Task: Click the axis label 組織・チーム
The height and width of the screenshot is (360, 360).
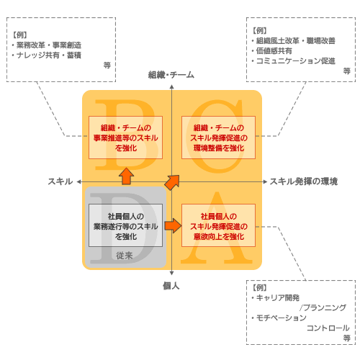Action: [x=171, y=75]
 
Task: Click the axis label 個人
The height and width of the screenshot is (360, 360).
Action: [x=171, y=286]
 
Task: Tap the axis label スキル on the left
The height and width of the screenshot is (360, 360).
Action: [x=60, y=181]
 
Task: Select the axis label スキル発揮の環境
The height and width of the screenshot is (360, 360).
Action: [x=304, y=181]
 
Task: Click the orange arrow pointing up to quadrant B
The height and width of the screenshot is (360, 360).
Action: [x=126, y=176]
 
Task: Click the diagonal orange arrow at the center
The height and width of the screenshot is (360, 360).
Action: [x=172, y=183]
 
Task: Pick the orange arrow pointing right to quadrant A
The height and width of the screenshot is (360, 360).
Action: [x=173, y=226]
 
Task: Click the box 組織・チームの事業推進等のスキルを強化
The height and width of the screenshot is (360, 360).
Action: [x=125, y=138]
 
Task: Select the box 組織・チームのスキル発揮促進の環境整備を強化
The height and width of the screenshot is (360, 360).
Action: [x=218, y=138]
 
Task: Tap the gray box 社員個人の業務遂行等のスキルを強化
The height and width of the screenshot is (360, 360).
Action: [x=125, y=225]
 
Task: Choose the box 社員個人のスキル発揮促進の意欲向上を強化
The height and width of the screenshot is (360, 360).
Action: [x=218, y=225]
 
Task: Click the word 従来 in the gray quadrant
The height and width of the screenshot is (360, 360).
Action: [x=125, y=256]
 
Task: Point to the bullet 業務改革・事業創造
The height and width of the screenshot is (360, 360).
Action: [x=47, y=45]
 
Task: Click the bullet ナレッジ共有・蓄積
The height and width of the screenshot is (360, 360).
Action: [x=47, y=55]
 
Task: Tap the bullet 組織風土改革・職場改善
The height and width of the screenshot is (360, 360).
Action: [x=294, y=41]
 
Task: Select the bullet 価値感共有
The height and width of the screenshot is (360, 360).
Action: [x=272, y=51]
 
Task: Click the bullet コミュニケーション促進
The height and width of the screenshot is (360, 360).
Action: [x=294, y=61]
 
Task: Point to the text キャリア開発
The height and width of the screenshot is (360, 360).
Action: [x=278, y=298]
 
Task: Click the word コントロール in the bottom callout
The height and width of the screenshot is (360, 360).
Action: [x=328, y=328]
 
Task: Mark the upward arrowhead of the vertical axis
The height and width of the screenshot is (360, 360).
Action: [x=171, y=87]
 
